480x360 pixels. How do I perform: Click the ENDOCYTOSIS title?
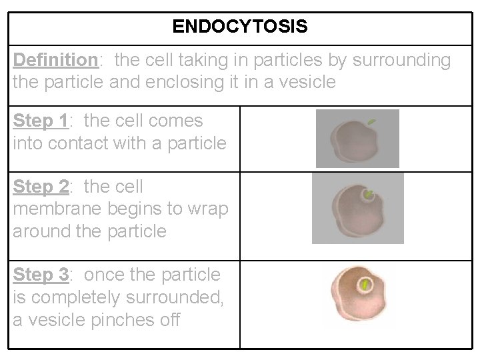click(240, 27)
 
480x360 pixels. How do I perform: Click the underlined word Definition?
click(55, 61)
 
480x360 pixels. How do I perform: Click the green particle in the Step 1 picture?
click(371, 122)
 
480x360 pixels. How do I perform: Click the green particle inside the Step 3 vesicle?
click(365, 285)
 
